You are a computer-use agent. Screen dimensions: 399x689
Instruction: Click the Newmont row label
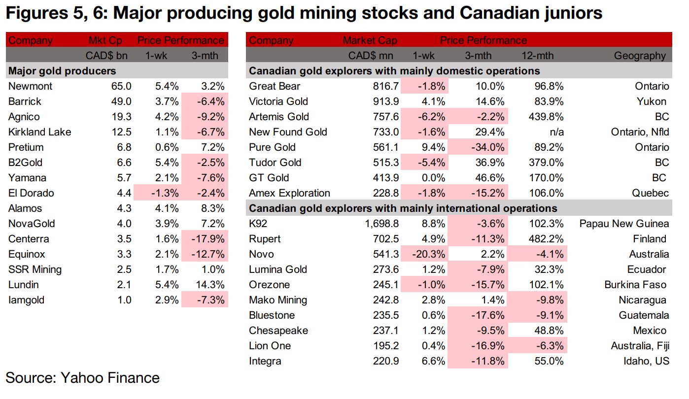(x=31, y=86)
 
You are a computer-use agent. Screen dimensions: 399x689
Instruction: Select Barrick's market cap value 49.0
(x=121, y=101)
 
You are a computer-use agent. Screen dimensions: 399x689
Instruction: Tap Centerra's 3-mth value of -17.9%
(x=209, y=239)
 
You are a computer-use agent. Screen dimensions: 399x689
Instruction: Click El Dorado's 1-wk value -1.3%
(x=165, y=193)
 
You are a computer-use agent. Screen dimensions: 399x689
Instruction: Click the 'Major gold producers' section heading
(x=62, y=71)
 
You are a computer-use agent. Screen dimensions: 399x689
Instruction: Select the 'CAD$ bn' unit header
(x=108, y=56)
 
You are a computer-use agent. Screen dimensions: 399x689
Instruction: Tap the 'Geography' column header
(x=640, y=56)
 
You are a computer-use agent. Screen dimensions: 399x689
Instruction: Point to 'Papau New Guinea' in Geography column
(x=624, y=224)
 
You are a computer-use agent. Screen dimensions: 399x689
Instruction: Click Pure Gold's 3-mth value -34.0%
(x=485, y=147)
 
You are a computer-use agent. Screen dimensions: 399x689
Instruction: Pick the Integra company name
(x=265, y=361)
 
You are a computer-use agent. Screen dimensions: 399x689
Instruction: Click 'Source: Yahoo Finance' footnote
(x=83, y=378)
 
